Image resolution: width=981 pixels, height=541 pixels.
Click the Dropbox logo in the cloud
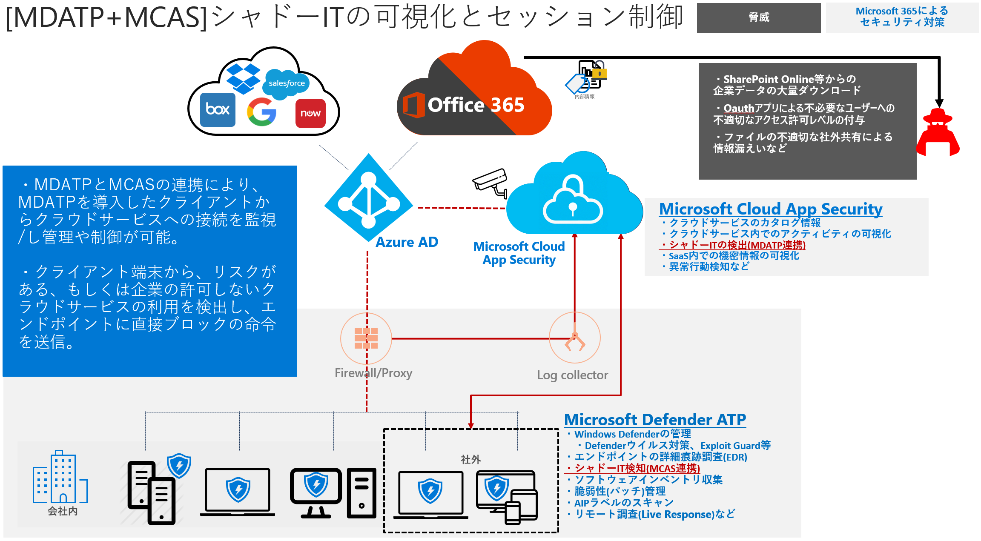pos(243,78)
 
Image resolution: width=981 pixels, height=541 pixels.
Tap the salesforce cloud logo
pos(287,83)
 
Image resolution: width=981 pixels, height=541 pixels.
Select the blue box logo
pos(218,110)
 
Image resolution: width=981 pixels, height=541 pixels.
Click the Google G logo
pos(261,112)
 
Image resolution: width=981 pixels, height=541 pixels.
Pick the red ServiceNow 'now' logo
pos(310,113)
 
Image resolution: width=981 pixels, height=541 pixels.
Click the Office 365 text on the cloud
pos(476,105)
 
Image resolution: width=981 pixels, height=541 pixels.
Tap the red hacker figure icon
pos(938,132)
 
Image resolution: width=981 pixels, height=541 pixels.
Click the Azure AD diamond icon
pos(369,198)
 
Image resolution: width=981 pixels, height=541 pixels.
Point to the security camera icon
pos(491,182)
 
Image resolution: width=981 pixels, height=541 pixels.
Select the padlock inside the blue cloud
pos(573,200)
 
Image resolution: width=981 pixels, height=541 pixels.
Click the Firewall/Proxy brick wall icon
pos(366,338)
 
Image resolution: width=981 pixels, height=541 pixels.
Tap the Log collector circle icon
pos(575,338)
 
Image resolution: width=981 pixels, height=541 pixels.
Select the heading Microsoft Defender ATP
pos(655,420)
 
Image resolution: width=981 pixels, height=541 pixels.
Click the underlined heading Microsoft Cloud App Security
pos(771,209)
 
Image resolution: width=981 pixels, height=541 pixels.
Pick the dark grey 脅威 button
pos(759,17)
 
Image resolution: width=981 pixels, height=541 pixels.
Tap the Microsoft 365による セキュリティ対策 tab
pos(902,17)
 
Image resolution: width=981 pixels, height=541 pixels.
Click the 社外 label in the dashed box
pos(470,460)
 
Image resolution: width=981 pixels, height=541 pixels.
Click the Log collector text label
pos(572,375)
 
